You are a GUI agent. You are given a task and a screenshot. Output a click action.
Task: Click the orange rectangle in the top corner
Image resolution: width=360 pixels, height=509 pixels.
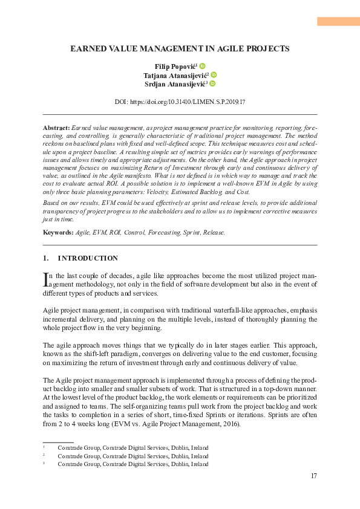click(338, 21)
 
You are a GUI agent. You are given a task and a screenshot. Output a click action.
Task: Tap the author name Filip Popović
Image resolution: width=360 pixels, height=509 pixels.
click(175, 65)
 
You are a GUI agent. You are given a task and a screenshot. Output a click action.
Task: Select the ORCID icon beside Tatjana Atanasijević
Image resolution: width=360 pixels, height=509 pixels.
click(214, 75)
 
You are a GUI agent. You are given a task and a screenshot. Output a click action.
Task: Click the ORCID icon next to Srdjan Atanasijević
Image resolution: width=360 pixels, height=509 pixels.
click(212, 85)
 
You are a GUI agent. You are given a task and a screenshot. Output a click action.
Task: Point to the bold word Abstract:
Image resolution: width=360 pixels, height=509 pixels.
click(56, 129)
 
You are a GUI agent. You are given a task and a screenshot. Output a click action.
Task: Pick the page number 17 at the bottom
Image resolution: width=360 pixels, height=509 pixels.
click(313, 476)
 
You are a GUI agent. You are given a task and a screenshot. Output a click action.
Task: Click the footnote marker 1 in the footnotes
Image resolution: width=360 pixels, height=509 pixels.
click(44, 447)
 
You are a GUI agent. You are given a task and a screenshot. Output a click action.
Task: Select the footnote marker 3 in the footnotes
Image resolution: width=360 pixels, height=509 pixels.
click(44, 464)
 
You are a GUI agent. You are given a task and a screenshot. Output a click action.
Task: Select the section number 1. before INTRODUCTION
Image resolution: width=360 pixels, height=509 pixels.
click(46, 258)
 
